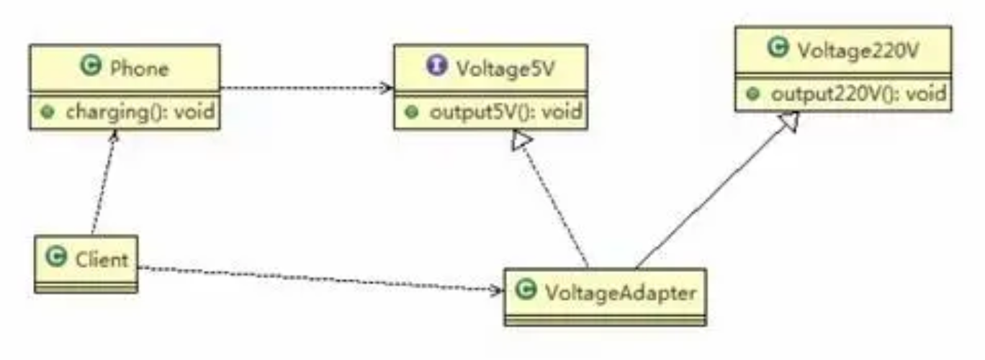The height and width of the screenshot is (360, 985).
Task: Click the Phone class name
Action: coord(140,68)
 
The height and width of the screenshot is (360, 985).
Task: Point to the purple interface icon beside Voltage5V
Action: coord(437,67)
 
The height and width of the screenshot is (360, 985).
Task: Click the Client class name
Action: coord(102,258)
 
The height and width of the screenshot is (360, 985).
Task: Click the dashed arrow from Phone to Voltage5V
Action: coord(306,88)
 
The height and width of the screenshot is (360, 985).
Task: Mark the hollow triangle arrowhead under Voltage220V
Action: coord(790,123)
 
